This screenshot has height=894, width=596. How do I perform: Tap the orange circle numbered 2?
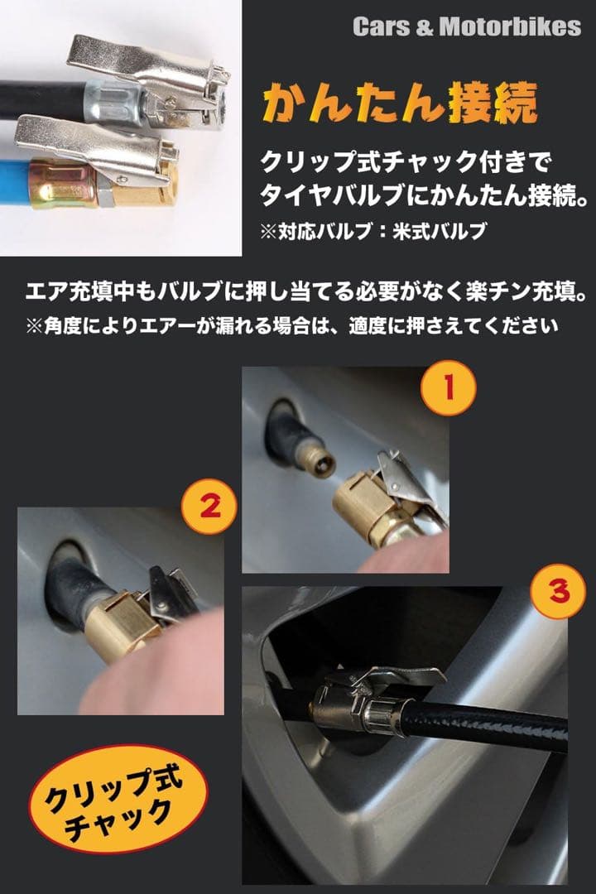pos(209,506)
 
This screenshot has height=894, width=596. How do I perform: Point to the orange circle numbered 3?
pos(559,591)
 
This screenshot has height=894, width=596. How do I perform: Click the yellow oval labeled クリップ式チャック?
pos(118,798)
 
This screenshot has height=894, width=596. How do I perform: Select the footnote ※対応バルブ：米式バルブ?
pos(373,231)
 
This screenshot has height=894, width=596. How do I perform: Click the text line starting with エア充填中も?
pos(306,292)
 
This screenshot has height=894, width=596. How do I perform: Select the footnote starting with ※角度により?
pos(291,326)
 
